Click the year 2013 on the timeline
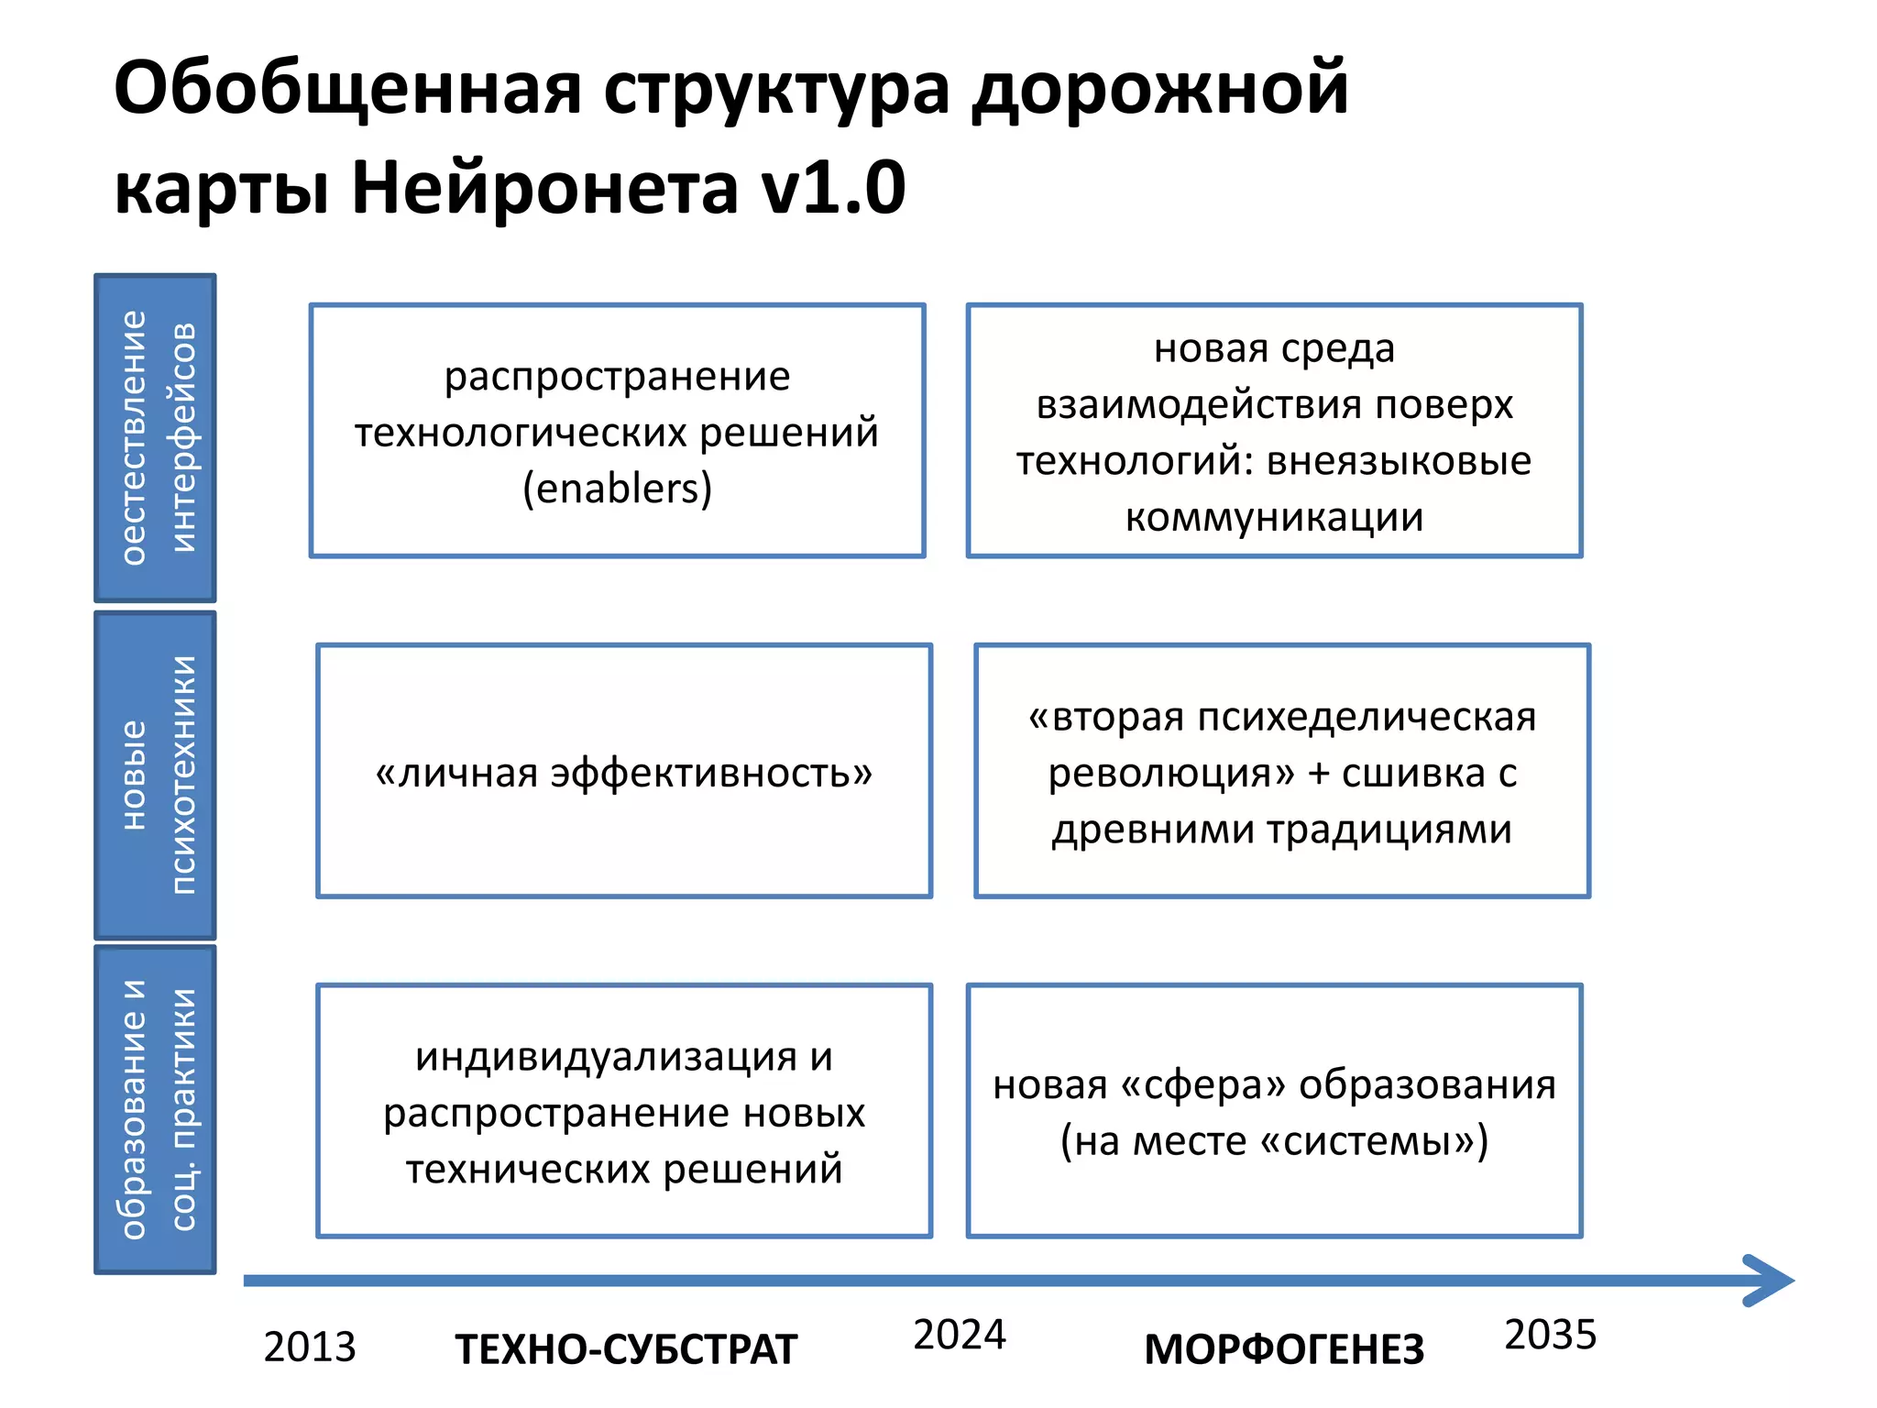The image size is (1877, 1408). (309, 1347)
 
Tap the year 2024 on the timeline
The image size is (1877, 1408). (959, 1335)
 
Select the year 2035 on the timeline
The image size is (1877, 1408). (1550, 1335)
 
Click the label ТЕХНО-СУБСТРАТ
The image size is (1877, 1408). (626, 1349)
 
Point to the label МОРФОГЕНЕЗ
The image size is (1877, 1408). (1284, 1349)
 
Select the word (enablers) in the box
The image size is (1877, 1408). (617, 489)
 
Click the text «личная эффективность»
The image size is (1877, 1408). (624, 773)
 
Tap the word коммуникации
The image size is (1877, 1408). (1274, 518)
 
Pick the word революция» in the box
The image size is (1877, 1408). (1171, 773)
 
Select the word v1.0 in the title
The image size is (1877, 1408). (833, 187)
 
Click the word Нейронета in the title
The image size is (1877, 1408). (545, 187)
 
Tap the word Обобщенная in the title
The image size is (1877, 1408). (348, 89)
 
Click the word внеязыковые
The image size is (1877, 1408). (1399, 461)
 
